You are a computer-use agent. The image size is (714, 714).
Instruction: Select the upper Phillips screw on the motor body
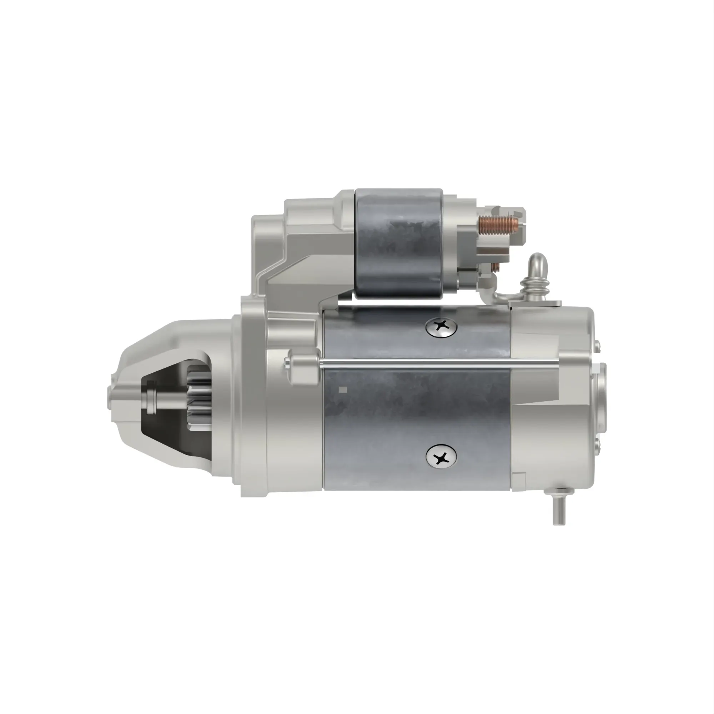coord(441,326)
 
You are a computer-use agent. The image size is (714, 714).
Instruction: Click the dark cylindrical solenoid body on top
coord(398,244)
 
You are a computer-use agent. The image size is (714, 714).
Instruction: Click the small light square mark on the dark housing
coord(343,389)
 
